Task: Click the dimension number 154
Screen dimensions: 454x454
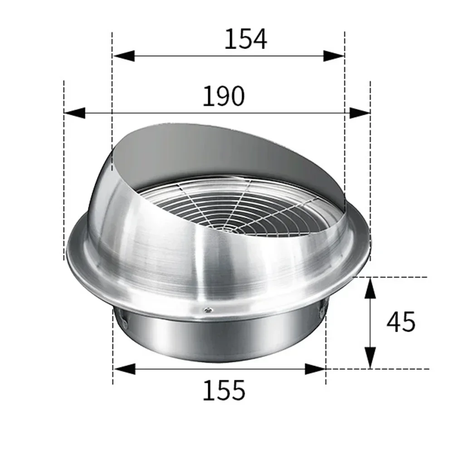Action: click(x=245, y=39)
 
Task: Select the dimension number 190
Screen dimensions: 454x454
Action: click(x=223, y=96)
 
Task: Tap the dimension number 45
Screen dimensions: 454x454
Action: click(x=401, y=322)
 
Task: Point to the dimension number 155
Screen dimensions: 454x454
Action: click(x=223, y=390)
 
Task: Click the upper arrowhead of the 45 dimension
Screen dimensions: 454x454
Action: click(x=371, y=288)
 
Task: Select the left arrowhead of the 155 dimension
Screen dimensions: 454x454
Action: click(x=124, y=369)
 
